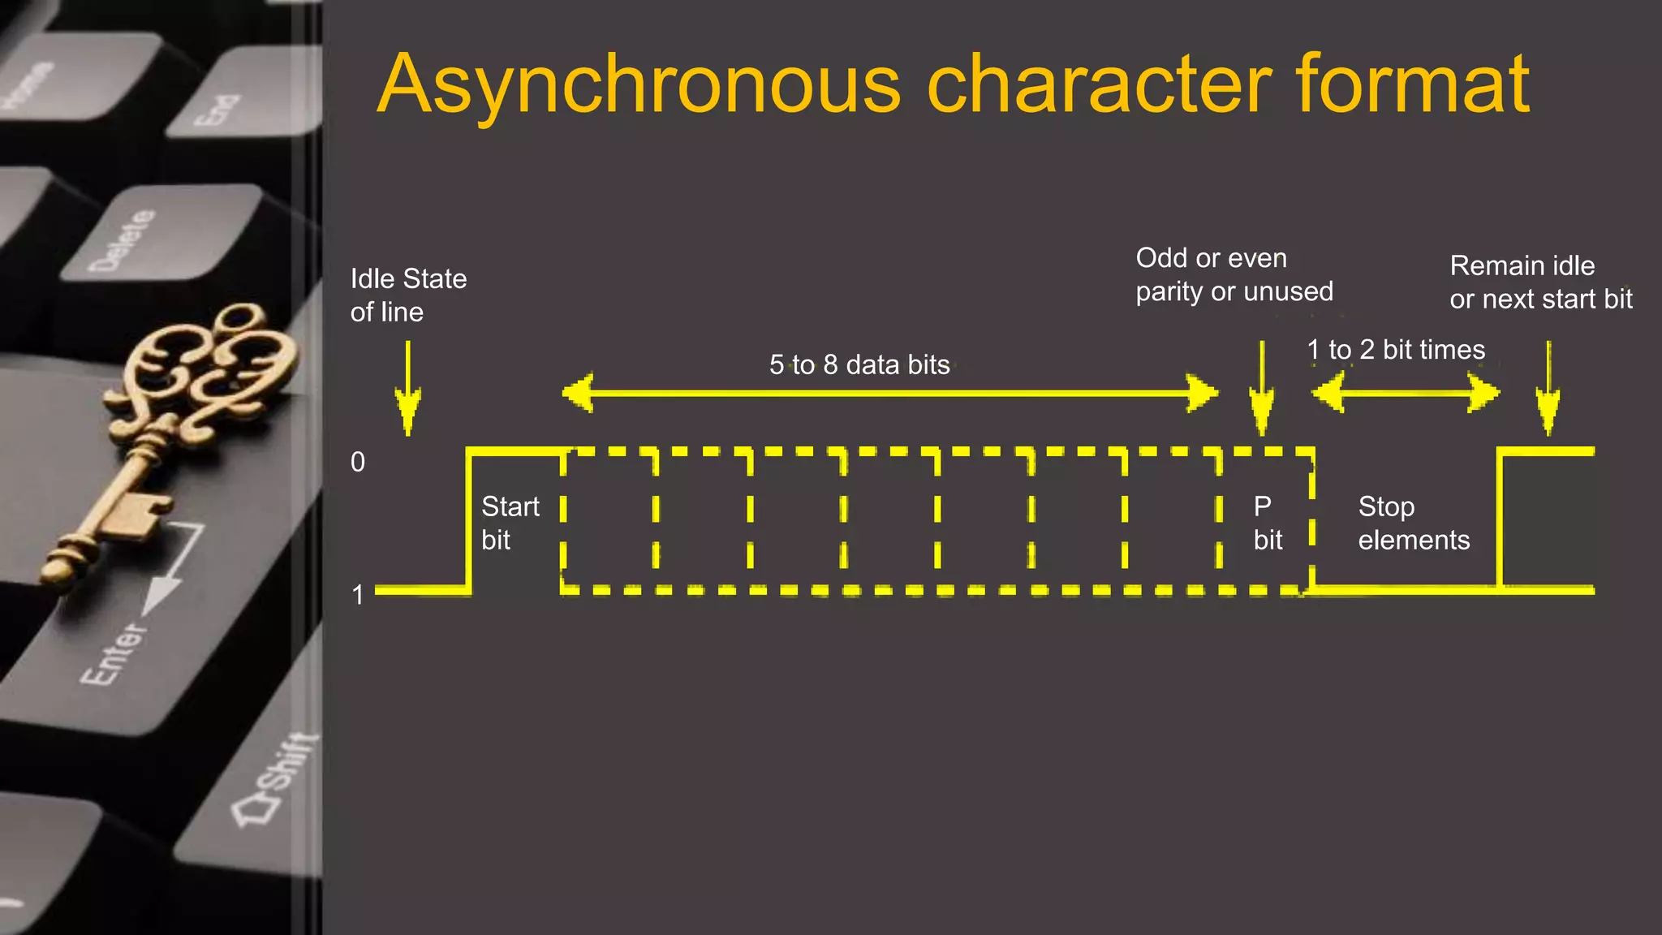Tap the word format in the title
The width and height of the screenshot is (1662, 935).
point(1412,84)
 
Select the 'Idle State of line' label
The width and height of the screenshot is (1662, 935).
point(408,295)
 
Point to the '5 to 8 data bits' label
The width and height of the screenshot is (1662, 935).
point(859,365)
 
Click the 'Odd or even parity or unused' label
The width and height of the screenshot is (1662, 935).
point(1234,274)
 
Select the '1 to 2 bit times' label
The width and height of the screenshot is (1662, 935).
point(1396,350)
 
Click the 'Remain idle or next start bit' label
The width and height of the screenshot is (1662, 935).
point(1540,282)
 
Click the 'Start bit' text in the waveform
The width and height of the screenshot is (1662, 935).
point(510,523)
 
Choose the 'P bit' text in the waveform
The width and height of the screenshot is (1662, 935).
point(1268,523)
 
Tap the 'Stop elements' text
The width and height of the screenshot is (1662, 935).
point(1414,523)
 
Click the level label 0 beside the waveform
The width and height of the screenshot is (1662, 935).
point(358,462)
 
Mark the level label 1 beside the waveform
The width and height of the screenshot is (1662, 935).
point(358,595)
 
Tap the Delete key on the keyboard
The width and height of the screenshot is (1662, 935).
point(122,240)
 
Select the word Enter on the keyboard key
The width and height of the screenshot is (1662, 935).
point(114,653)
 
